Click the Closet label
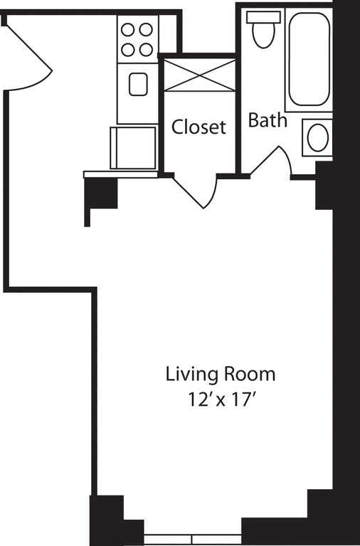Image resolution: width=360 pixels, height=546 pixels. point(199,127)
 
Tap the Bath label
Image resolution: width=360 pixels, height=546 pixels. point(268,120)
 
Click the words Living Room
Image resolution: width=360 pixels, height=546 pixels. point(220,373)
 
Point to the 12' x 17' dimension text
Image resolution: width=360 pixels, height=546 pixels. point(220,399)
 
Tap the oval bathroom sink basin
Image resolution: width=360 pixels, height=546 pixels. point(317,137)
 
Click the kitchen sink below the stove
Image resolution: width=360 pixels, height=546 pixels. point(137,85)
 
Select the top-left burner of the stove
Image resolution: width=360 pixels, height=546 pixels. point(129,30)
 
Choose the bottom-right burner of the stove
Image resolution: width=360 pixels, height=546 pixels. point(146,48)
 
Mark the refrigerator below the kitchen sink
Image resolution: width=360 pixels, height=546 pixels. point(133,147)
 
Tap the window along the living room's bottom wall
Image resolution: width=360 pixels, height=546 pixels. point(193,539)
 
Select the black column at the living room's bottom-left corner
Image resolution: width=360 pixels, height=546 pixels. point(107,519)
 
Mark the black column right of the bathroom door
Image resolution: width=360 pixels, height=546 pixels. point(324,186)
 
